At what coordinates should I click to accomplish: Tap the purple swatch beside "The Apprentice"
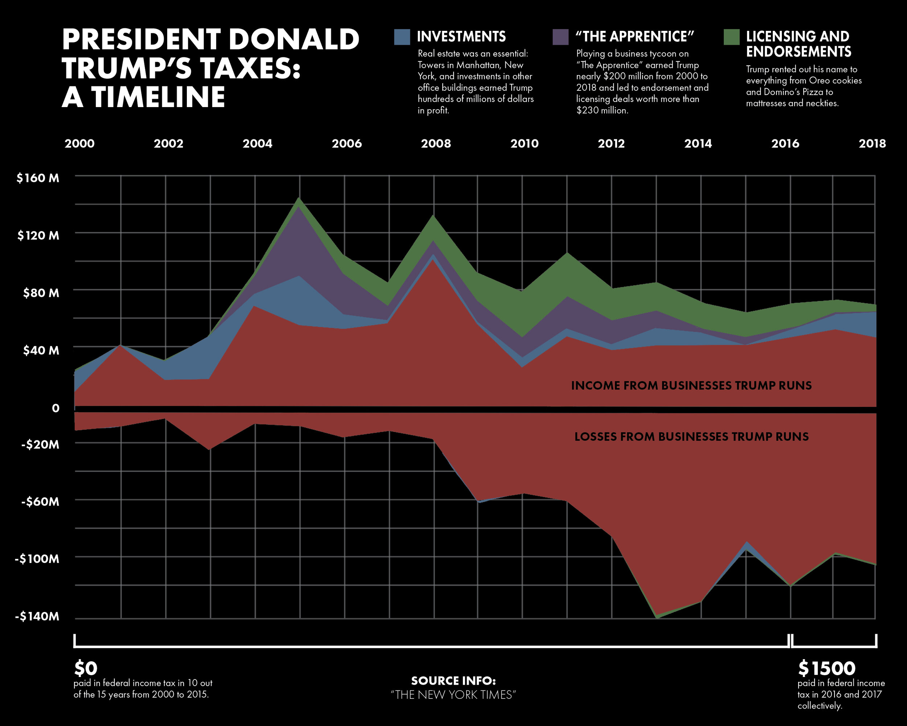click(x=561, y=37)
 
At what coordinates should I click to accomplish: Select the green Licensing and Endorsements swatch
click(x=731, y=37)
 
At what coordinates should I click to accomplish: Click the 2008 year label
click(x=436, y=143)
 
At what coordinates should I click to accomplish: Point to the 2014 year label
click(x=698, y=143)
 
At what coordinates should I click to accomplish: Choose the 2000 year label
click(x=79, y=143)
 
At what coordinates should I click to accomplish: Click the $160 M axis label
click(x=38, y=178)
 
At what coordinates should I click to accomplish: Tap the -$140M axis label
click(x=37, y=617)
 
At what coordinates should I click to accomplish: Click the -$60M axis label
click(x=40, y=502)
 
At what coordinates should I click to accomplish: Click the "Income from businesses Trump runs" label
click(x=691, y=386)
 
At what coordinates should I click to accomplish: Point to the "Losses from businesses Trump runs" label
click(x=691, y=437)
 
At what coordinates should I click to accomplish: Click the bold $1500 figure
click(x=827, y=668)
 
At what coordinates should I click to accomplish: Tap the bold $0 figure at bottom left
click(x=86, y=668)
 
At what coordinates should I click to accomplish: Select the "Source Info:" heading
click(x=453, y=681)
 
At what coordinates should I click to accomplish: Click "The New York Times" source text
click(x=453, y=695)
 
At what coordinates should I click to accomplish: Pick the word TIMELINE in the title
click(x=158, y=98)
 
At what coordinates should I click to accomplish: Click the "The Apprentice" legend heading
click(x=635, y=37)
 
